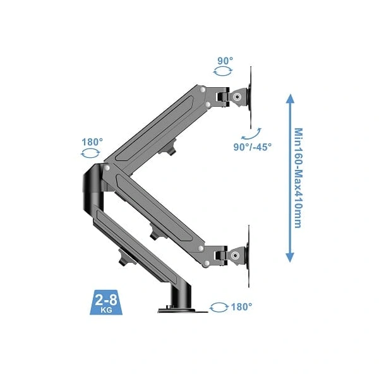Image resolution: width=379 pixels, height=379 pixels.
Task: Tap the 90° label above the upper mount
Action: pyautogui.click(x=226, y=61)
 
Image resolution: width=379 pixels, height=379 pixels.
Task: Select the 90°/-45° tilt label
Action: pyautogui.click(x=252, y=147)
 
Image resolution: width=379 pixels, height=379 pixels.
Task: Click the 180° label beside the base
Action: pyautogui.click(x=241, y=307)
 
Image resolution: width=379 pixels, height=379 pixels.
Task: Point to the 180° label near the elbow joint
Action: pyautogui.click(x=92, y=142)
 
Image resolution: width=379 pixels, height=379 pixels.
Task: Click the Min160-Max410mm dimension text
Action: pyautogui.click(x=299, y=178)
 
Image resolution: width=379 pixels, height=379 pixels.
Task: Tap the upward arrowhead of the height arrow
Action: pyautogui.click(x=290, y=99)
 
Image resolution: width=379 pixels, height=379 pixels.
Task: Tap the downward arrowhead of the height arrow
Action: pyautogui.click(x=290, y=257)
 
